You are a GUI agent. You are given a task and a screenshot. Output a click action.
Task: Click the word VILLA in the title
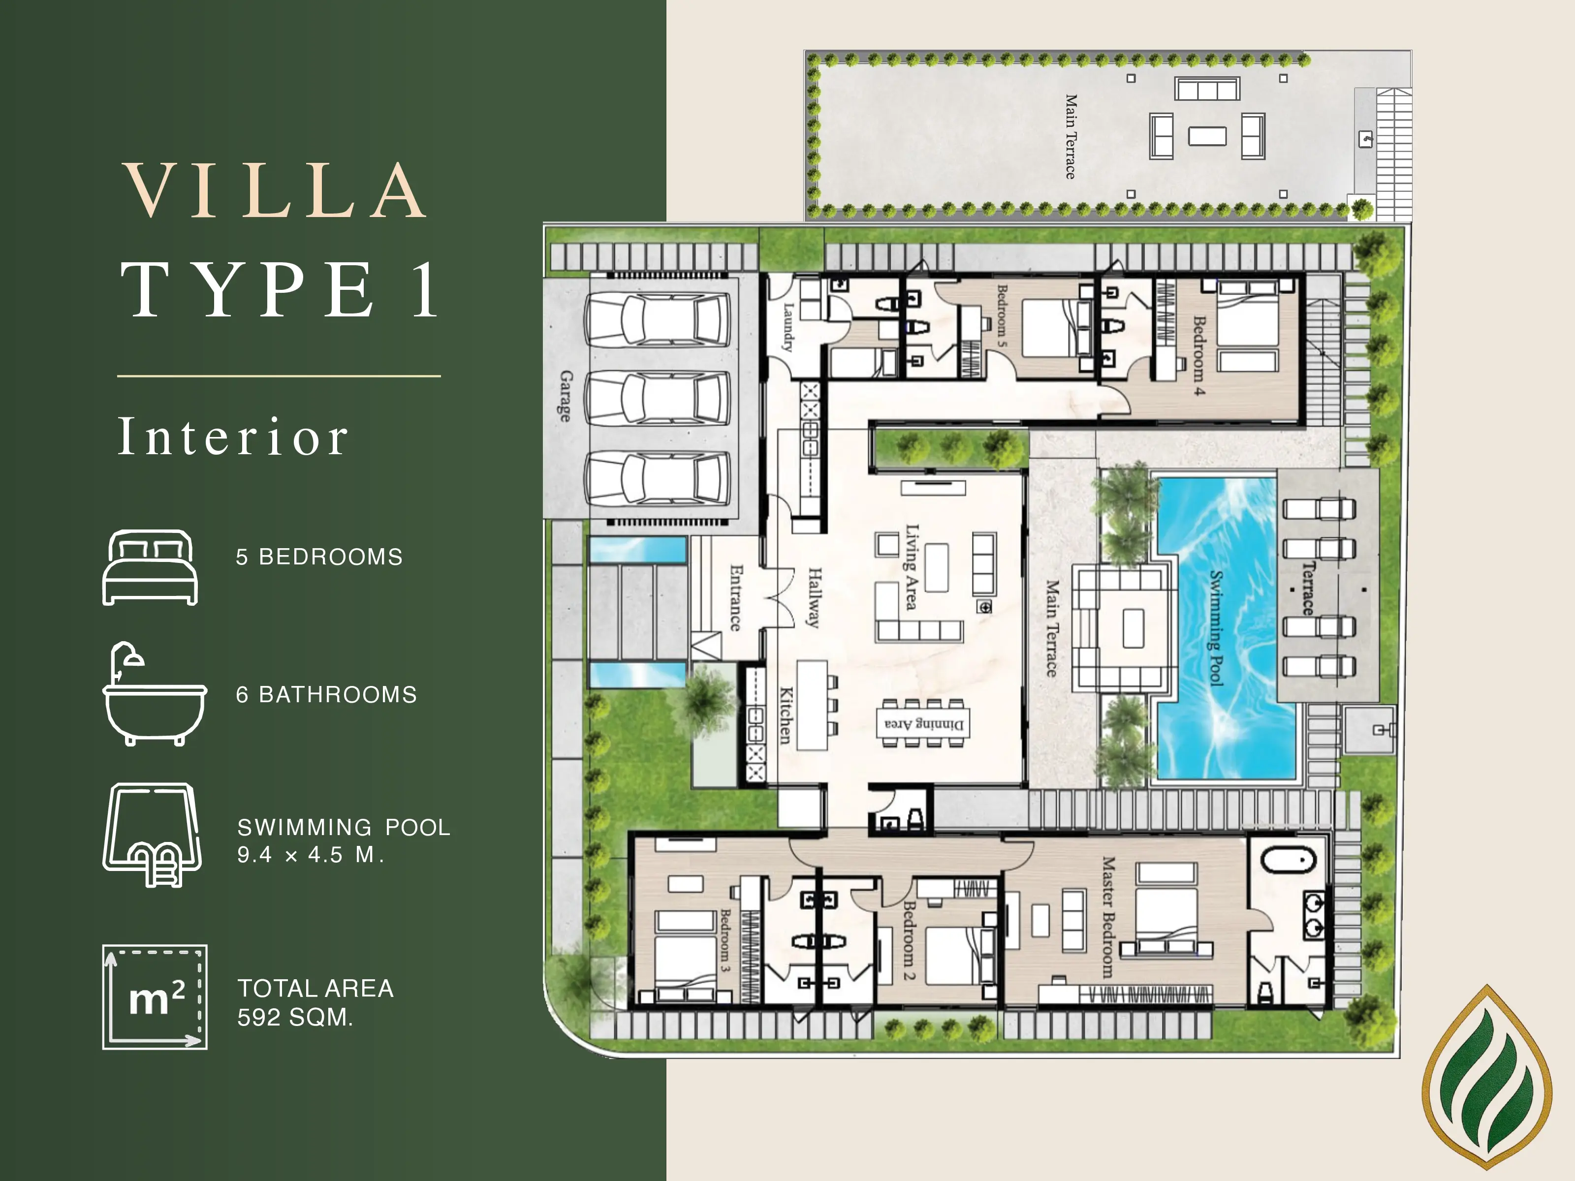275,191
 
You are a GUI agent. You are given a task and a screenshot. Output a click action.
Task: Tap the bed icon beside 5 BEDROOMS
150,567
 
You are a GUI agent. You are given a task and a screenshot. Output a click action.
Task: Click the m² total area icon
155,996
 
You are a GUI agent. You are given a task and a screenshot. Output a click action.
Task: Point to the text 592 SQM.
295,1017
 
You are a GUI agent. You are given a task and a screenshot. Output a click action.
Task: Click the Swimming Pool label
1216,628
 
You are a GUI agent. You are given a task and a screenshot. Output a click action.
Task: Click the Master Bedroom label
1108,917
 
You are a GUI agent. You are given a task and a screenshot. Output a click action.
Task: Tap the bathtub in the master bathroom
1288,860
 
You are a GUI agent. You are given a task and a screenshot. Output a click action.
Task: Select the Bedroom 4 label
1199,356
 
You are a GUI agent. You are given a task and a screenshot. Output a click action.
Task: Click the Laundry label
788,327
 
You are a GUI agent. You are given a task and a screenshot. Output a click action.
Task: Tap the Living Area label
912,567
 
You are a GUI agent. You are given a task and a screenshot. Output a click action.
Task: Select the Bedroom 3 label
725,940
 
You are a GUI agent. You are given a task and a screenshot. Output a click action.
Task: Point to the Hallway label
815,597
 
